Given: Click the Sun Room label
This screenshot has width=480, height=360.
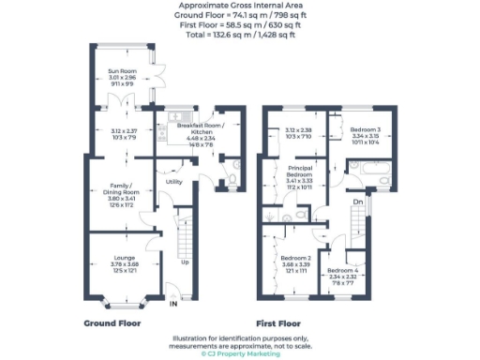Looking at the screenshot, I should click(x=119, y=71).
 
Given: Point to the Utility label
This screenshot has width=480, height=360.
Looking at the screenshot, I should click(x=174, y=181).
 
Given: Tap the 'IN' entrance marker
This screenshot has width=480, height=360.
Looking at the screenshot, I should click(x=173, y=303).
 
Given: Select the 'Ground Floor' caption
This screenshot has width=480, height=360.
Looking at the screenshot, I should click(x=112, y=322).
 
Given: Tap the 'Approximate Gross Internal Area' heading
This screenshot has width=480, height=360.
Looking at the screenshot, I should click(x=240, y=5).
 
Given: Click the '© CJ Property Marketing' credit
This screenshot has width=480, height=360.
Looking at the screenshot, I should click(x=240, y=353).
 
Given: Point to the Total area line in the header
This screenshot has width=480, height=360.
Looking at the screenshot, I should click(x=240, y=35).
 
